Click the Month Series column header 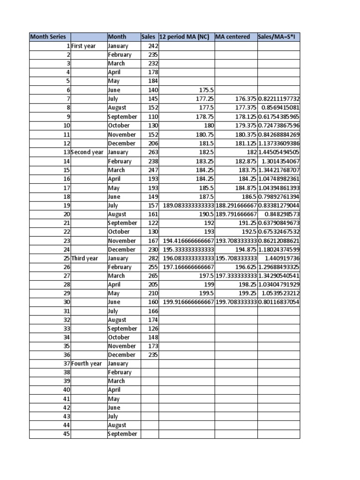48,37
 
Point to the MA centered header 232,37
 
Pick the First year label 83,46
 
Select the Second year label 87,152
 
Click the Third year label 85,258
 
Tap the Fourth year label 87,364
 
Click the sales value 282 153,258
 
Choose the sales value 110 153,117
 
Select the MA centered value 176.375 246,99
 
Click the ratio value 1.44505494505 278,152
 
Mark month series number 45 66,434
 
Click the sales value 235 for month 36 153,355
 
